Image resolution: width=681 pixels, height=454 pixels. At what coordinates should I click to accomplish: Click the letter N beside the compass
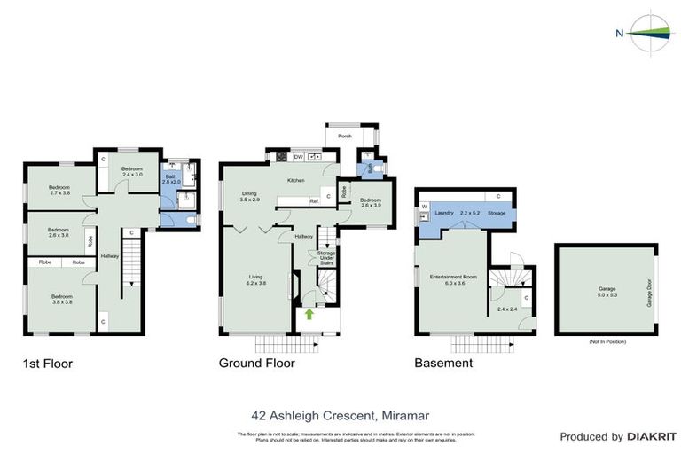pyautogui.click(x=618, y=35)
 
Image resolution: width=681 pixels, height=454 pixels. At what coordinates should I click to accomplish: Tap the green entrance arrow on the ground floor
pyautogui.click(x=309, y=313)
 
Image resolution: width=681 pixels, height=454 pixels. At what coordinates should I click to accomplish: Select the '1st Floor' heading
pyautogui.click(x=47, y=363)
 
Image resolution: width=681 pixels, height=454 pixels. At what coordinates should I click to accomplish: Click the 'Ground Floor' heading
pyautogui.click(x=257, y=363)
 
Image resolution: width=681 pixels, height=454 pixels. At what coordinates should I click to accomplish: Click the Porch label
pyautogui.click(x=345, y=137)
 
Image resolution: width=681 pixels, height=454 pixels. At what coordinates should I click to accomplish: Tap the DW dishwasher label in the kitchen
pyautogui.click(x=298, y=157)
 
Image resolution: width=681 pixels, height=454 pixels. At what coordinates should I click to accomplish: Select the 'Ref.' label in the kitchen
pyautogui.click(x=314, y=201)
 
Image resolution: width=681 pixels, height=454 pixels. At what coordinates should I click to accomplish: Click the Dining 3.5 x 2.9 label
pyautogui.click(x=250, y=197)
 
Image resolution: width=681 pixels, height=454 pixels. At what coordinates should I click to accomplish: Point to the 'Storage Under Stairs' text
pyautogui.click(x=326, y=258)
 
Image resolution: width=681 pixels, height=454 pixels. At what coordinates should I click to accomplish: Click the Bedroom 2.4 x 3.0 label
pyautogui.click(x=132, y=171)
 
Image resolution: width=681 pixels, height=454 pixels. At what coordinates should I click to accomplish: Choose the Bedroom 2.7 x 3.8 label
pyautogui.click(x=59, y=191)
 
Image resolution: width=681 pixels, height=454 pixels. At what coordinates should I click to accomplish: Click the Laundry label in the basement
pyautogui.click(x=444, y=213)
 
